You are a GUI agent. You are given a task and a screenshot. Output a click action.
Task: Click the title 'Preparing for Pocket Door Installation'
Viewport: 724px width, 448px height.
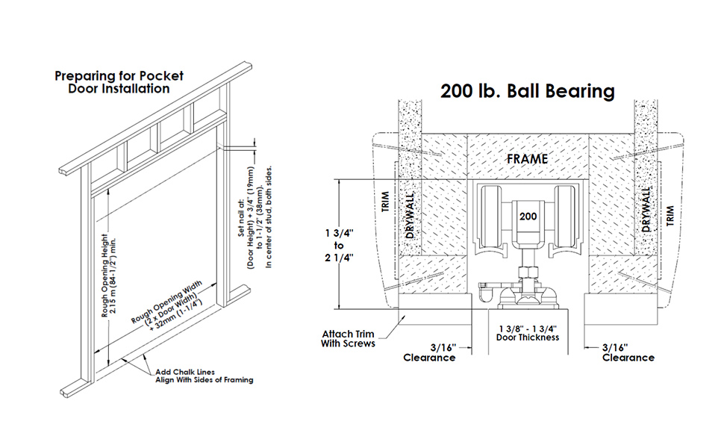[119, 82]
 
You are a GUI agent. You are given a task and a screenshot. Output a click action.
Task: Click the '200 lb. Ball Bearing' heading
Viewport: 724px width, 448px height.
[527, 91]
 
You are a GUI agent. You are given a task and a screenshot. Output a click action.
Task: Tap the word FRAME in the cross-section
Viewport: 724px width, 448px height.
[527, 159]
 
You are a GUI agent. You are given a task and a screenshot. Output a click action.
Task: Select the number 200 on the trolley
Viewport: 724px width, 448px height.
[528, 216]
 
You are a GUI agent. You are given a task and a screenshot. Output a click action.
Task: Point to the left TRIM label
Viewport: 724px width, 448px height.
[386, 203]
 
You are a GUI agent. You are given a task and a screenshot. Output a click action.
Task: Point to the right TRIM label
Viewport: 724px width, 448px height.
[670, 216]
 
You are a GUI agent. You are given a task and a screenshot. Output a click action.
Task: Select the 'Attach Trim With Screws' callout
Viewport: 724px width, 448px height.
[348, 338]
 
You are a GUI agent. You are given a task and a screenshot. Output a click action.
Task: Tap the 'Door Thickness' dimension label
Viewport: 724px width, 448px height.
[528, 332]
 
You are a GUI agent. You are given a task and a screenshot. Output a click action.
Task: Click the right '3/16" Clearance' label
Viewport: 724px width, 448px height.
[627, 352]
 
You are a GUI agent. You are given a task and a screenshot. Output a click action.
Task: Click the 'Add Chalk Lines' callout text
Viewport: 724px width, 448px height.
[203, 376]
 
